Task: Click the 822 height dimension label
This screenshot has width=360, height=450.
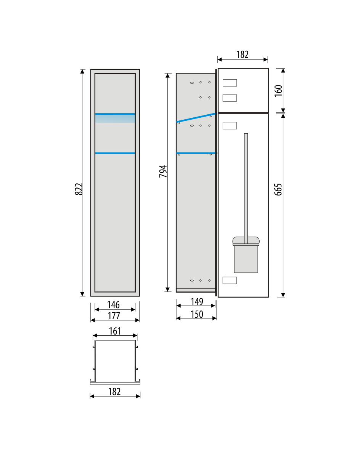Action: (79, 189)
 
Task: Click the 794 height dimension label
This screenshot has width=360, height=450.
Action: (163, 171)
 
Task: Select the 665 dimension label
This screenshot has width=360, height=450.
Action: (278, 190)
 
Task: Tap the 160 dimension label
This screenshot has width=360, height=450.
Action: (278, 91)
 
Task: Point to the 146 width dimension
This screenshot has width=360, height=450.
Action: (114, 304)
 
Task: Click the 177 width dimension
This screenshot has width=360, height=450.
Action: (114, 316)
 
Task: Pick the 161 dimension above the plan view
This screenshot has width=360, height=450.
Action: (115, 331)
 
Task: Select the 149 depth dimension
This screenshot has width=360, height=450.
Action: (197, 302)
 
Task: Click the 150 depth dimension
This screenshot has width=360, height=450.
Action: (197, 314)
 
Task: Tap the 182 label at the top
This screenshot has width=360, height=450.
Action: (243, 54)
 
